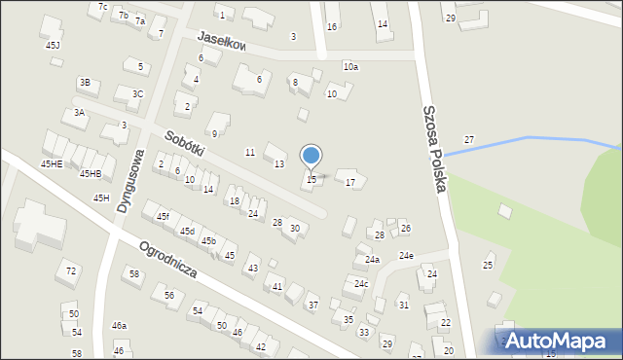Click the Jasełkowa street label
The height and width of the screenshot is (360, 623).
[221, 41]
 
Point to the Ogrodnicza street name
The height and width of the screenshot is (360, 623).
[168, 260]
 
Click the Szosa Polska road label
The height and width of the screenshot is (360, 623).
[433, 146]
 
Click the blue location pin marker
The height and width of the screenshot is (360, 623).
[311, 157]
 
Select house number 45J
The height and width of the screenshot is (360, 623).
[53, 46]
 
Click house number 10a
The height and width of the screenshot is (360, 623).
[350, 66]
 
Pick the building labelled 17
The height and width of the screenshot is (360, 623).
[350, 183]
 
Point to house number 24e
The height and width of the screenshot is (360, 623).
[405, 256]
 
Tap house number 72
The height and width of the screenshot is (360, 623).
[70, 270]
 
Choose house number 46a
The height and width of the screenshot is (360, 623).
[119, 326]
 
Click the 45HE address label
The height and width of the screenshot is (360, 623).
[52, 164]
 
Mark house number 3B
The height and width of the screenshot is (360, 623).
[85, 83]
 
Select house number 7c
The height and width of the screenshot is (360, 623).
[103, 7]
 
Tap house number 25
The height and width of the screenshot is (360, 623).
[488, 265]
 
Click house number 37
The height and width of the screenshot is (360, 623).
[312, 306]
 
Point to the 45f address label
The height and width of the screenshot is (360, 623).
[163, 216]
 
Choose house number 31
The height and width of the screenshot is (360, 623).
[403, 306]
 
